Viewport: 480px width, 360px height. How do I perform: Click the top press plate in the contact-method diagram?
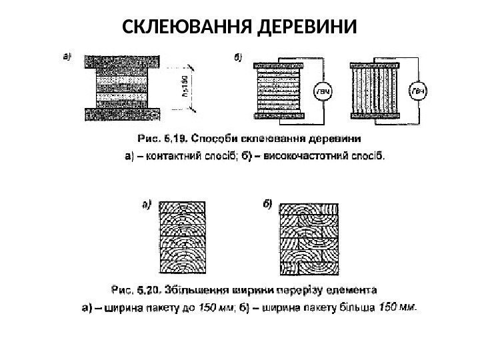click(x=121, y=60)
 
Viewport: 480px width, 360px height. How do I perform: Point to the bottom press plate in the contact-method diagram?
click(x=121, y=115)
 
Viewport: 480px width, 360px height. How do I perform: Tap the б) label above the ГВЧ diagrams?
click(x=238, y=57)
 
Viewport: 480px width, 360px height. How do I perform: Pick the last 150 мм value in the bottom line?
click(x=398, y=308)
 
